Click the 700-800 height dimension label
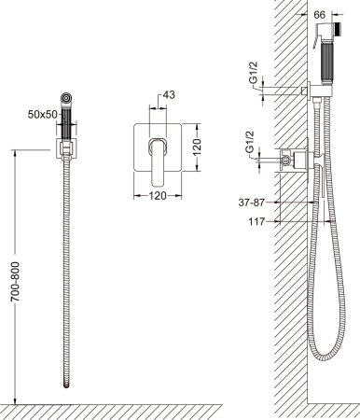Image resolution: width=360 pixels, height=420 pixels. tap(15, 282)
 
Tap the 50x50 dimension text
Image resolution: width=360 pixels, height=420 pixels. tap(43, 115)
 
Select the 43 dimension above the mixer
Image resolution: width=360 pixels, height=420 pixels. tap(169, 94)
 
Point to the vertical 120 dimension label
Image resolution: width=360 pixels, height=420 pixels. tap(197, 147)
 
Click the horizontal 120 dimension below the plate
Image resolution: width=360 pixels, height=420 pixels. tap(158, 196)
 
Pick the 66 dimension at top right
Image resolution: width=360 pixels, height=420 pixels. tap(320, 14)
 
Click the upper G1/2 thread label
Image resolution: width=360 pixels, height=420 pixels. tap(254, 72)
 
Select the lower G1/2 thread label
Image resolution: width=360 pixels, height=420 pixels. tap(250, 142)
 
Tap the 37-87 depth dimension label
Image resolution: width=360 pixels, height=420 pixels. tap(252, 203)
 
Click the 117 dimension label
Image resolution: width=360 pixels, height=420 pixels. tap(256, 222)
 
